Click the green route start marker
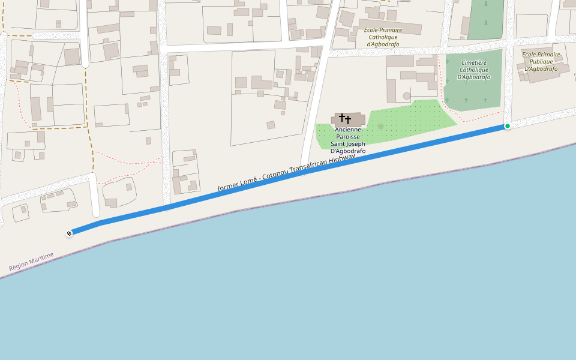(508, 126)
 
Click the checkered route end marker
(69, 233)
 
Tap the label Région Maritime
(31, 261)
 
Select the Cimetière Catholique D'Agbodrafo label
(474, 70)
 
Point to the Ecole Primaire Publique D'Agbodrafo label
(541, 61)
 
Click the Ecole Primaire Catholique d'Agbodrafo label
(383, 37)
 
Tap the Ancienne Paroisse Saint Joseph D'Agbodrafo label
(348, 140)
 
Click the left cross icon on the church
(342, 117)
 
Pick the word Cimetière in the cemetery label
(474, 62)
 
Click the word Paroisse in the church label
(348, 137)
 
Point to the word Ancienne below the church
(348, 130)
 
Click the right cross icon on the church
(349, 119)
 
